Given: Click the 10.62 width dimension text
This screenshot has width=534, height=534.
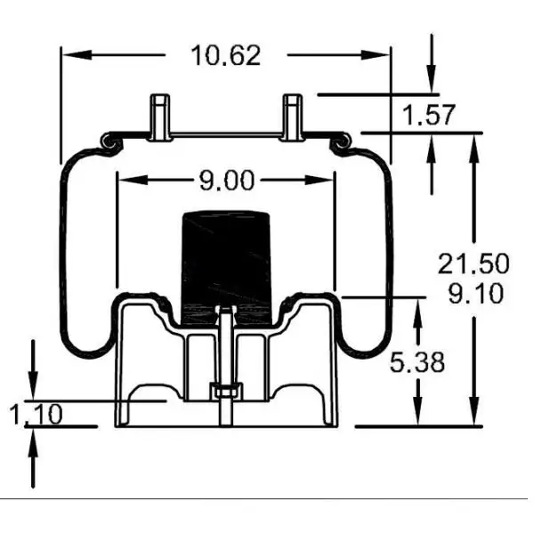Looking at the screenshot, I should tap(226, 55).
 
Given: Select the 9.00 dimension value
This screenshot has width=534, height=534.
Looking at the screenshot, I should tap(226, 181).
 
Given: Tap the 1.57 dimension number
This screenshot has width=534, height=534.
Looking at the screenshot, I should tap(429, 115).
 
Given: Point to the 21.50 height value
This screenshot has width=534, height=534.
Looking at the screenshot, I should tap(473, 263).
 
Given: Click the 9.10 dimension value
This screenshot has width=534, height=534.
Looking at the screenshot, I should tap(475, 293).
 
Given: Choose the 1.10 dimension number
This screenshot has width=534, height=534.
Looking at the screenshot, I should tap(36, 414).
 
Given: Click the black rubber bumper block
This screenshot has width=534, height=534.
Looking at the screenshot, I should tap(226, 258).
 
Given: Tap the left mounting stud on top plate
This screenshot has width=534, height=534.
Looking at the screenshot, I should tap(160, 115).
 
